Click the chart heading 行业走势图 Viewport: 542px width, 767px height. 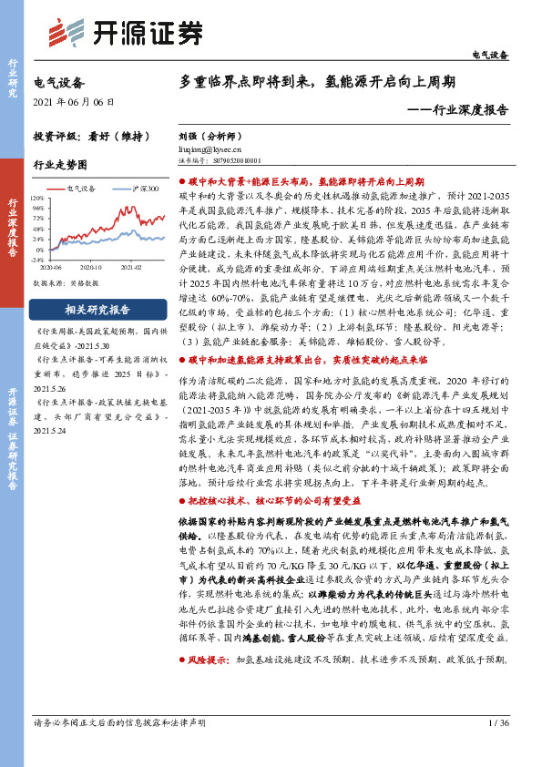coord(60,165)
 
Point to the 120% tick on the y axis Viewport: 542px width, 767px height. coord(37,196)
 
